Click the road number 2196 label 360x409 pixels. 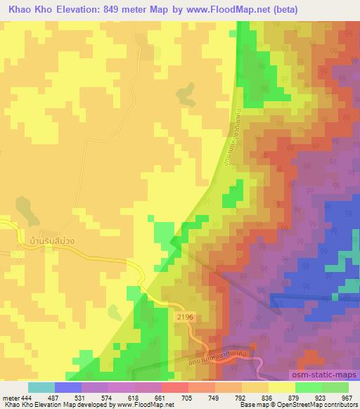(185, 318)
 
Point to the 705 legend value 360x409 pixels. (188, 398)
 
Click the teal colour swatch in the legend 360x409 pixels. (41, 387)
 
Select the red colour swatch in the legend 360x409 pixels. (174, 387)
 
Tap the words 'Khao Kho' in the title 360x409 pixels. (28, 10)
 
